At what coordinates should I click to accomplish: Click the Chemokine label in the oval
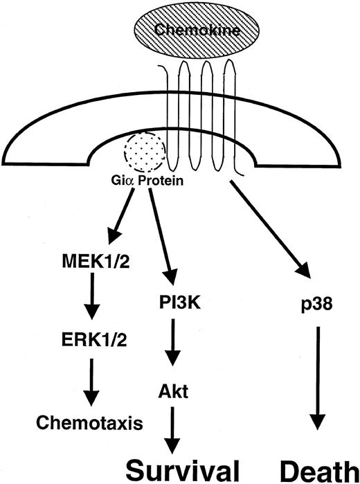point(179,31)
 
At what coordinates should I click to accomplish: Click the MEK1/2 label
point(87,264)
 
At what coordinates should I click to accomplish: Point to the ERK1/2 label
point(86,340)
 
